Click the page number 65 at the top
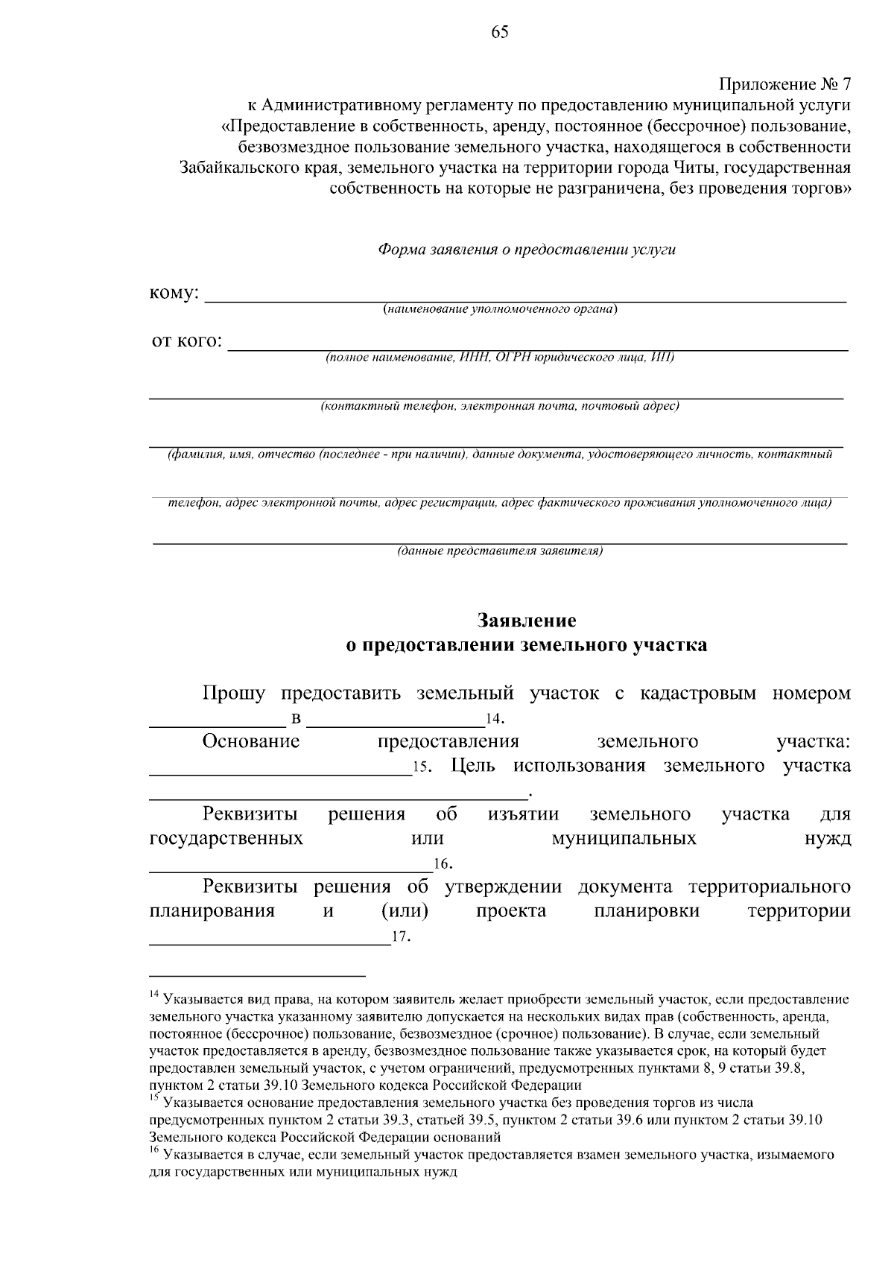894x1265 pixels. point(500,31)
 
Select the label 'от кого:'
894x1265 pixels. point(186,341)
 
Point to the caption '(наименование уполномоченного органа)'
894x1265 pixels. point(500,309)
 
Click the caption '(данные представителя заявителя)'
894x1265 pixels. point(500,551)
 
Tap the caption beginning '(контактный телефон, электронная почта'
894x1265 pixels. point(500,406)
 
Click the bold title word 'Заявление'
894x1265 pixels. point(527,621)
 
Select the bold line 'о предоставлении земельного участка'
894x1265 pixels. point(527,645)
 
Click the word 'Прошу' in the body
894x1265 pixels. point(233,694)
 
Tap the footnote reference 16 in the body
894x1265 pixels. point(442,864)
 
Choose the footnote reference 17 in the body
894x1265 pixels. point(400,937)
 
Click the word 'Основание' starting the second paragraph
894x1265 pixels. point(251,742)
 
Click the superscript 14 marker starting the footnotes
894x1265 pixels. point(154,995)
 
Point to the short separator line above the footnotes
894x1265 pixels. point(257,975)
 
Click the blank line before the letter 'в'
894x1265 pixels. point(217,725)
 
